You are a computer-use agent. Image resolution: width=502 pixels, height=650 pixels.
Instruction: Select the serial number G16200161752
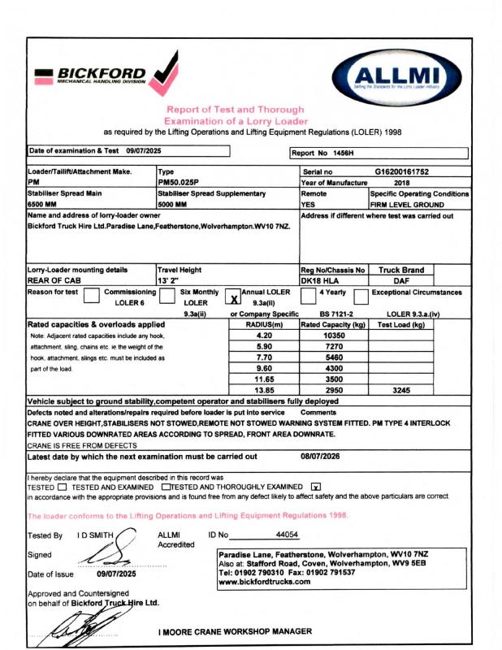pyautogui.click(x=412, y=172)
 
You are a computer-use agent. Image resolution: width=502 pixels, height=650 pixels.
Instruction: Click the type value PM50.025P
pyautogui.click(x=180, y=183)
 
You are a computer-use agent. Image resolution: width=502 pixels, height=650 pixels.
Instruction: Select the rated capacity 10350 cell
pyautogui.click(x=334, y=335)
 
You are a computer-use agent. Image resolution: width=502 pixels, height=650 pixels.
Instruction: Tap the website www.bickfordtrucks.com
pyautogui.click(x=264, y=582)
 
